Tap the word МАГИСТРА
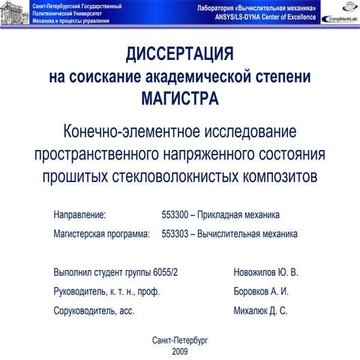(180, 97)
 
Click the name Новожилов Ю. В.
(266, 271)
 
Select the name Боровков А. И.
(261, 291)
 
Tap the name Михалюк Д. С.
(261, 310)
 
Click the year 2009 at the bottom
(180, 351)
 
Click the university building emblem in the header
(15, 13)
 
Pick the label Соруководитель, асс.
(94, 310)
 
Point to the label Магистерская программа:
(102, 234)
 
